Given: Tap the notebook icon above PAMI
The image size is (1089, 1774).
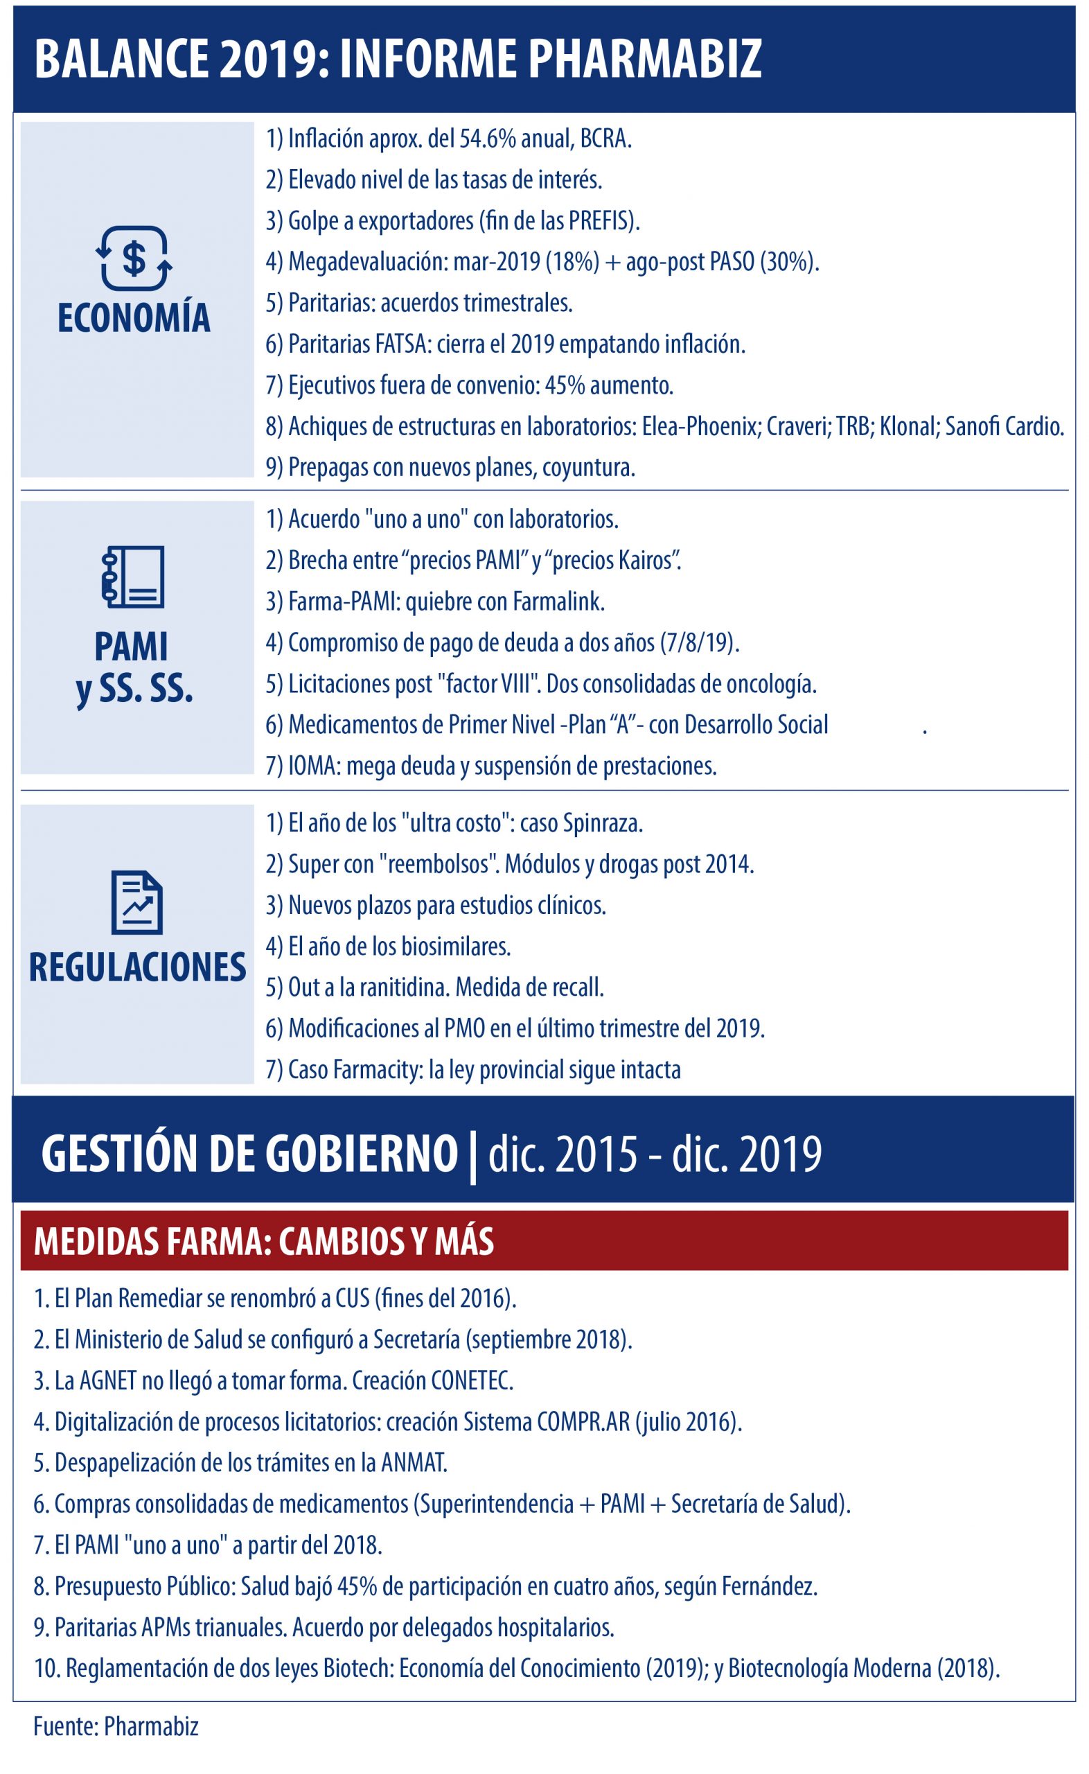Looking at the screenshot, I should pos(133,577).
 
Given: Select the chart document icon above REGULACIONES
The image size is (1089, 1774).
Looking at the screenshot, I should pos(136,902).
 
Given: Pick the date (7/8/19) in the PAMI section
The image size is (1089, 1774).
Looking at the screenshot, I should pos(698,642).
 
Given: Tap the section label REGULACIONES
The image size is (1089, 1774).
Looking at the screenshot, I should pos(138,967).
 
